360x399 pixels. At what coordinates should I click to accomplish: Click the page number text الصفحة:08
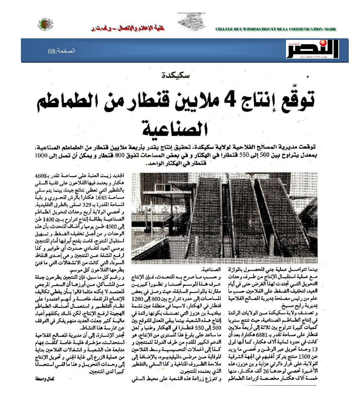click(x=61, y=51)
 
